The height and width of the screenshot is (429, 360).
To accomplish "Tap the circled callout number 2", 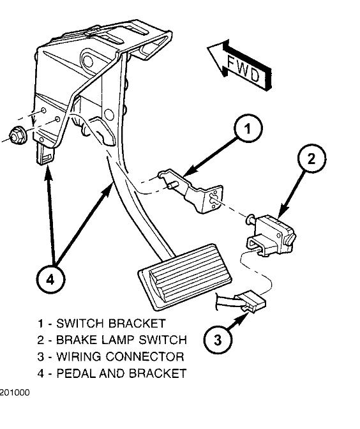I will (311, 160).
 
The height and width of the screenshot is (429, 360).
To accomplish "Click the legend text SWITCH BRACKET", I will (119, 324).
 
